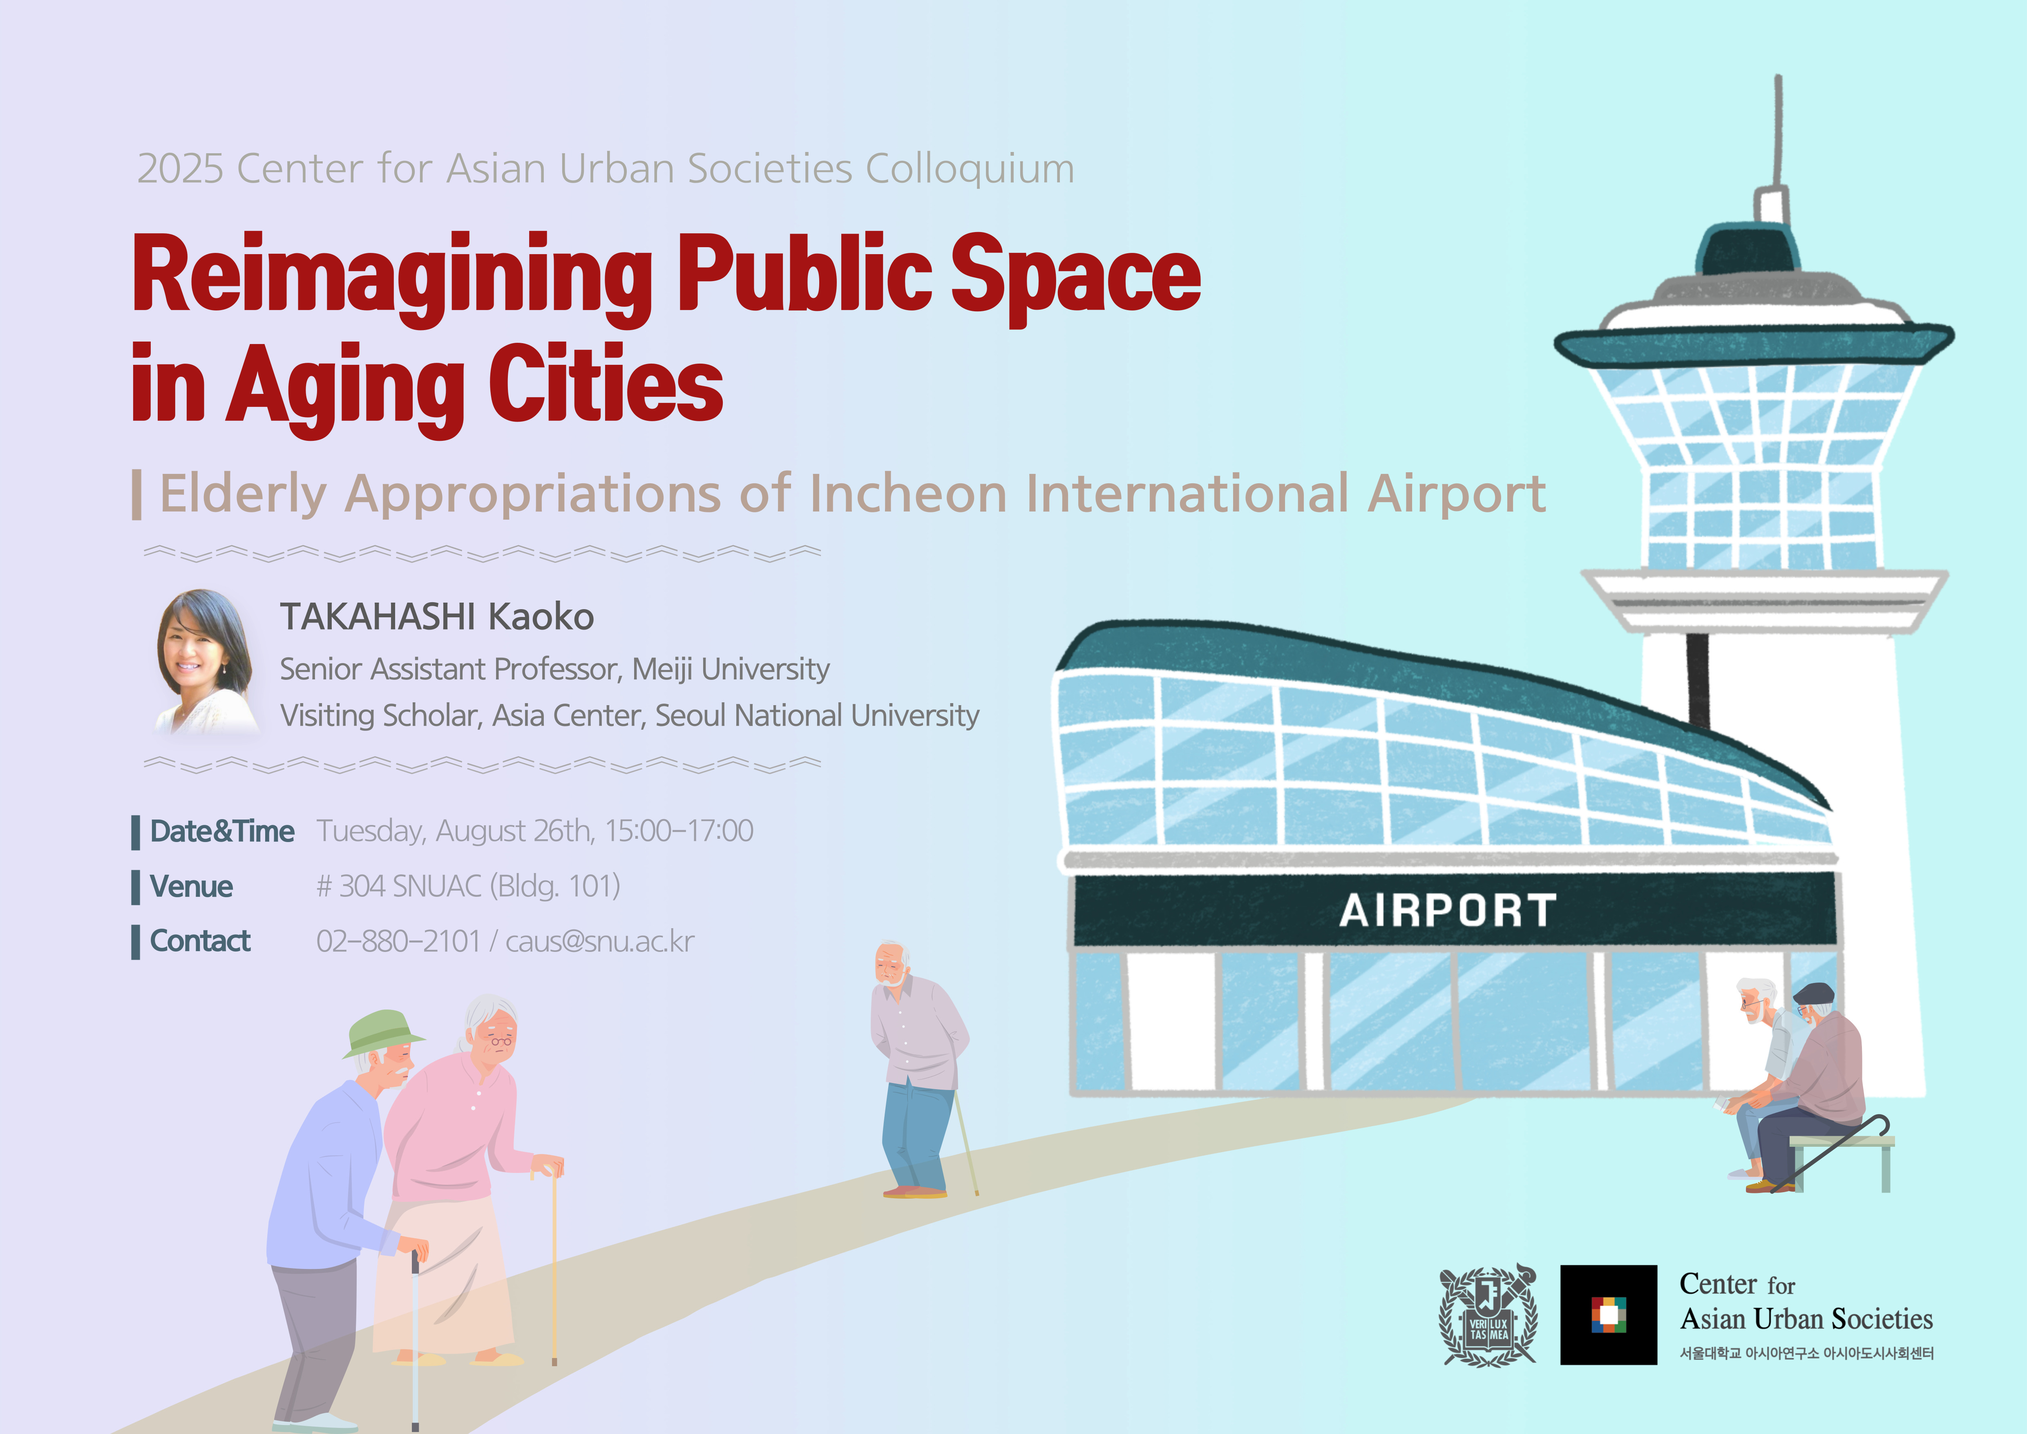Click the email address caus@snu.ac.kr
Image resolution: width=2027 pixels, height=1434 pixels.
pyautogui.click(x=599, y=941)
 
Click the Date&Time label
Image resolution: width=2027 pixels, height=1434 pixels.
pyautogui.click(x=221, y=831)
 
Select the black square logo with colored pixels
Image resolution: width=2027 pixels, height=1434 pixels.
pyautogui.click(x=1609, y=1315)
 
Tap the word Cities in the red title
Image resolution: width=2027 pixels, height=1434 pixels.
pyautogui.click(x=606, y=384)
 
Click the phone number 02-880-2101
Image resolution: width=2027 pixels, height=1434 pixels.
pyautogui.click(x=398, y=941)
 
